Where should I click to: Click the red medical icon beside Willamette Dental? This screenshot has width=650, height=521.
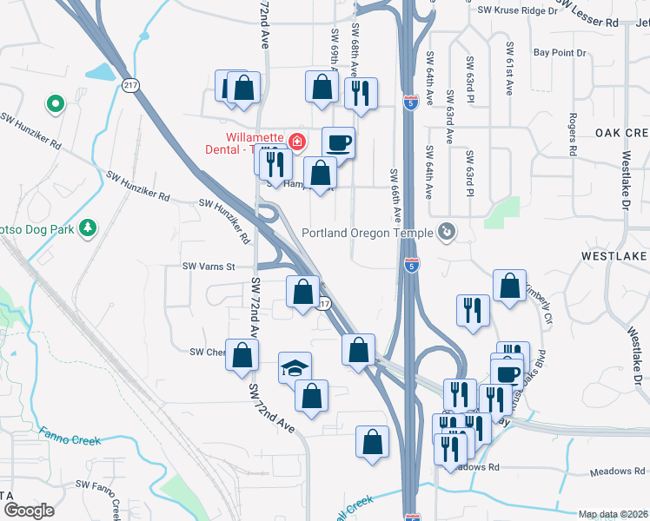pos(297,140)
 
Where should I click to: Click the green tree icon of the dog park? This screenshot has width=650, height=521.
pos(87,228)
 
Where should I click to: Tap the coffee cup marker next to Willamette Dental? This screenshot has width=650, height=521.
pos(338,142)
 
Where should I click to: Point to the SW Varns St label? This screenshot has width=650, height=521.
pos(209,267)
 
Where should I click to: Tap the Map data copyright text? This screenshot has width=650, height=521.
pos(613,514)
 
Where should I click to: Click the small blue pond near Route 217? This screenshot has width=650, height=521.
pos(103,72)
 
